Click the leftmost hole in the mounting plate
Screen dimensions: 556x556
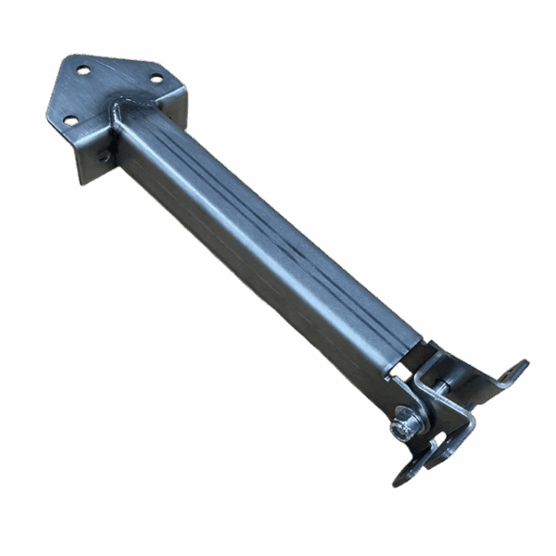point(70,120)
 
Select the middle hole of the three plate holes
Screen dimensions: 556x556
point(83,69)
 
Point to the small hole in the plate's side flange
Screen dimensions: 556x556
point(104,158)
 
